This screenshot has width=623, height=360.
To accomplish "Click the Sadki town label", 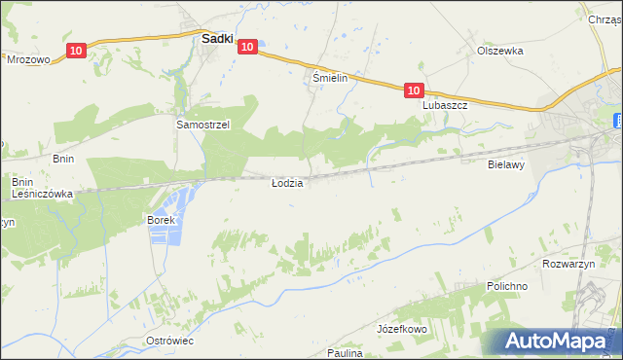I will click(215, 40).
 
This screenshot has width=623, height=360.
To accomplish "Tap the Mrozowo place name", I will click(28, 58).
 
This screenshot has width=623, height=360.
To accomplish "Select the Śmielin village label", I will click(329, 78).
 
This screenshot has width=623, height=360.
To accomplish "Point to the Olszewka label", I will click(500, 51).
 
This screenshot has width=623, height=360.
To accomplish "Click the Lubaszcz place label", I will click(446, 105).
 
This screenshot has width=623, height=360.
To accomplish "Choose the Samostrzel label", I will click(202, 125).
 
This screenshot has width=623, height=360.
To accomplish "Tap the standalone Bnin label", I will click(37, 158).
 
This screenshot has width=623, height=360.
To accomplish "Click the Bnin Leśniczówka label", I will click(42, 188).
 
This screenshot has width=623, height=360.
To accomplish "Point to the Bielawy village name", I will click(506, 165).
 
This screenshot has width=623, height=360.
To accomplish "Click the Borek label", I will click(161, 221).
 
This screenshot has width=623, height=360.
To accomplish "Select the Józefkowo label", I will click(402, 330).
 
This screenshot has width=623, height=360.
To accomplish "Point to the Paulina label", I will click(345, 353).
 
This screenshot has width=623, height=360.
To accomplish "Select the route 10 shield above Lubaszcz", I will click(414, 90).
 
